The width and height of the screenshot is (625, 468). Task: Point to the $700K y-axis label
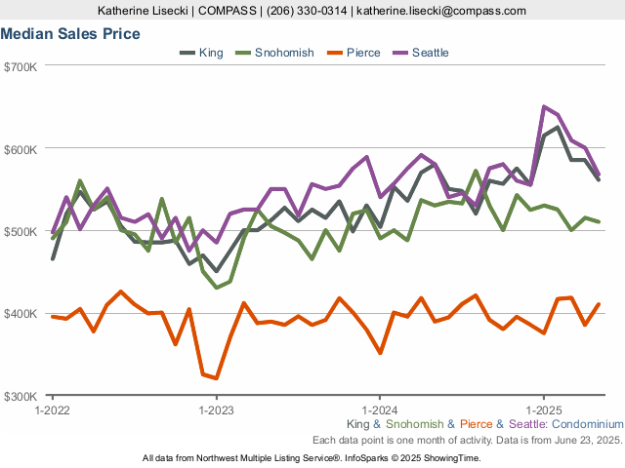point(21,66)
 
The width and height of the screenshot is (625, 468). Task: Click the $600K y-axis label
point(21,149)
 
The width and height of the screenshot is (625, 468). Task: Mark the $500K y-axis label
point(21,231)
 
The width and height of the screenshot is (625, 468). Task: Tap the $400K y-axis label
point(21,314)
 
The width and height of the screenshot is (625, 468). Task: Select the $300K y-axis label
point(21,396)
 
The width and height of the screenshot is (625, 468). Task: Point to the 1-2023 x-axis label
point(215,410)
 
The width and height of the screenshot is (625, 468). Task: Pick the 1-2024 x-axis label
point(379,410)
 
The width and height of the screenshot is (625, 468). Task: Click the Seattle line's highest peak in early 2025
point(544,107)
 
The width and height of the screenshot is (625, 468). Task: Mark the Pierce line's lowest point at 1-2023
point(216,378)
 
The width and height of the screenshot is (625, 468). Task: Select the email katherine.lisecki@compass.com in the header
point(441,11)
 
